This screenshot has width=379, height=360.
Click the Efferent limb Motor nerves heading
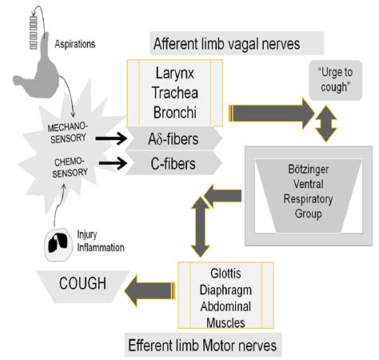204,346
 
